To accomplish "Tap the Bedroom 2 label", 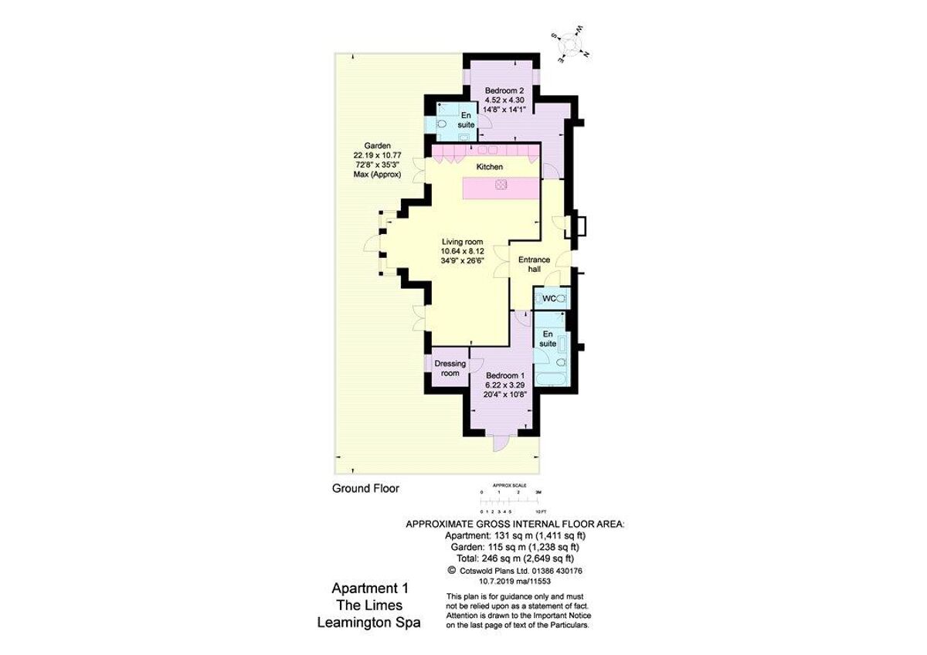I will [504, 100].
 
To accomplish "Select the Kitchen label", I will [489, 167].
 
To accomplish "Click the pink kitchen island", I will [501, 186].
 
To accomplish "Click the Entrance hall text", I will [534, 265].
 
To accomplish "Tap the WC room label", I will [549, 298].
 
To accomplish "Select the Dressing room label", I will [450, 368].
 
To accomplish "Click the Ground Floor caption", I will [365, 488].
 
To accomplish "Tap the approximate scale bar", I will [510, 502].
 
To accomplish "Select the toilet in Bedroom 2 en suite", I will [442, 124].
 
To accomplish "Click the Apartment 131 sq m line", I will [515, 535].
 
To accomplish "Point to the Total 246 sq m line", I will [515, 558].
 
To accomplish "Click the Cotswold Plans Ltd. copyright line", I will [515, 569].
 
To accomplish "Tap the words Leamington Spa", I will [369, 623].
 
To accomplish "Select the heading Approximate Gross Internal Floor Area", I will [515, 524].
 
